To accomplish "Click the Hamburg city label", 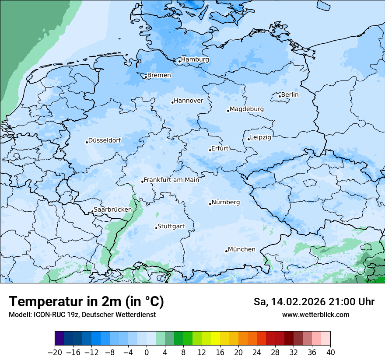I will coord(195,59).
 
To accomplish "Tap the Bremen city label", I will coord(159,75).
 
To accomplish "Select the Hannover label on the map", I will coord(189,101).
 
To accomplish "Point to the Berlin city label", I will coord(290,94).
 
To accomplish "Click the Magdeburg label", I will coord(246,109).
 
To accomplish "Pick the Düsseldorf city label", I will coord(105,140).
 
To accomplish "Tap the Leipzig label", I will coord(260,137).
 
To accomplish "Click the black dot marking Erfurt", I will coord(210,150).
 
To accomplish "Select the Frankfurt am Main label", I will coord(171,180).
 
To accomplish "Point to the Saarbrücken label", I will coord(113,209).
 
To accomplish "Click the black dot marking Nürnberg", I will coord(210,204).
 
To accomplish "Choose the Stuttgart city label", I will coord(171,227).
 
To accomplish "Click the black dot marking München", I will coord(226,251).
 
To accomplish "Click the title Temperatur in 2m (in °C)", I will coord(86,302).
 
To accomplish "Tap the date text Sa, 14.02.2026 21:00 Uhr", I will coord(314,302).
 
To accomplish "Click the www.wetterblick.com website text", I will coord(315,314).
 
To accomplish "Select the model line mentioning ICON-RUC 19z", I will coord(82,314).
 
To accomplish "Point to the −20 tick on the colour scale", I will coord(55,353).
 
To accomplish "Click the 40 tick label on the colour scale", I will coord(330,353).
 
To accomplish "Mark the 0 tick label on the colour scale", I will coord(147,353).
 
